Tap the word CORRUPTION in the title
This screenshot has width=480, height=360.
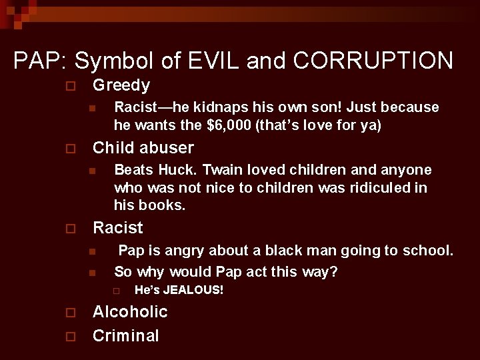[372, 61]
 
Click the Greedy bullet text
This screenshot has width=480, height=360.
[121, 85]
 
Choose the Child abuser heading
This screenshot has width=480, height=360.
[143, 147]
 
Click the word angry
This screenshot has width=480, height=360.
[186, 251]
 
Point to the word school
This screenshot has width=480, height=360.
[427, 251]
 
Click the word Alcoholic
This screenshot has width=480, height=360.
[130, 312]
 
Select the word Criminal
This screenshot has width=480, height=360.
[126, 335]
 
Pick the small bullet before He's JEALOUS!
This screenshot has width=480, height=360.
[115, 291]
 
